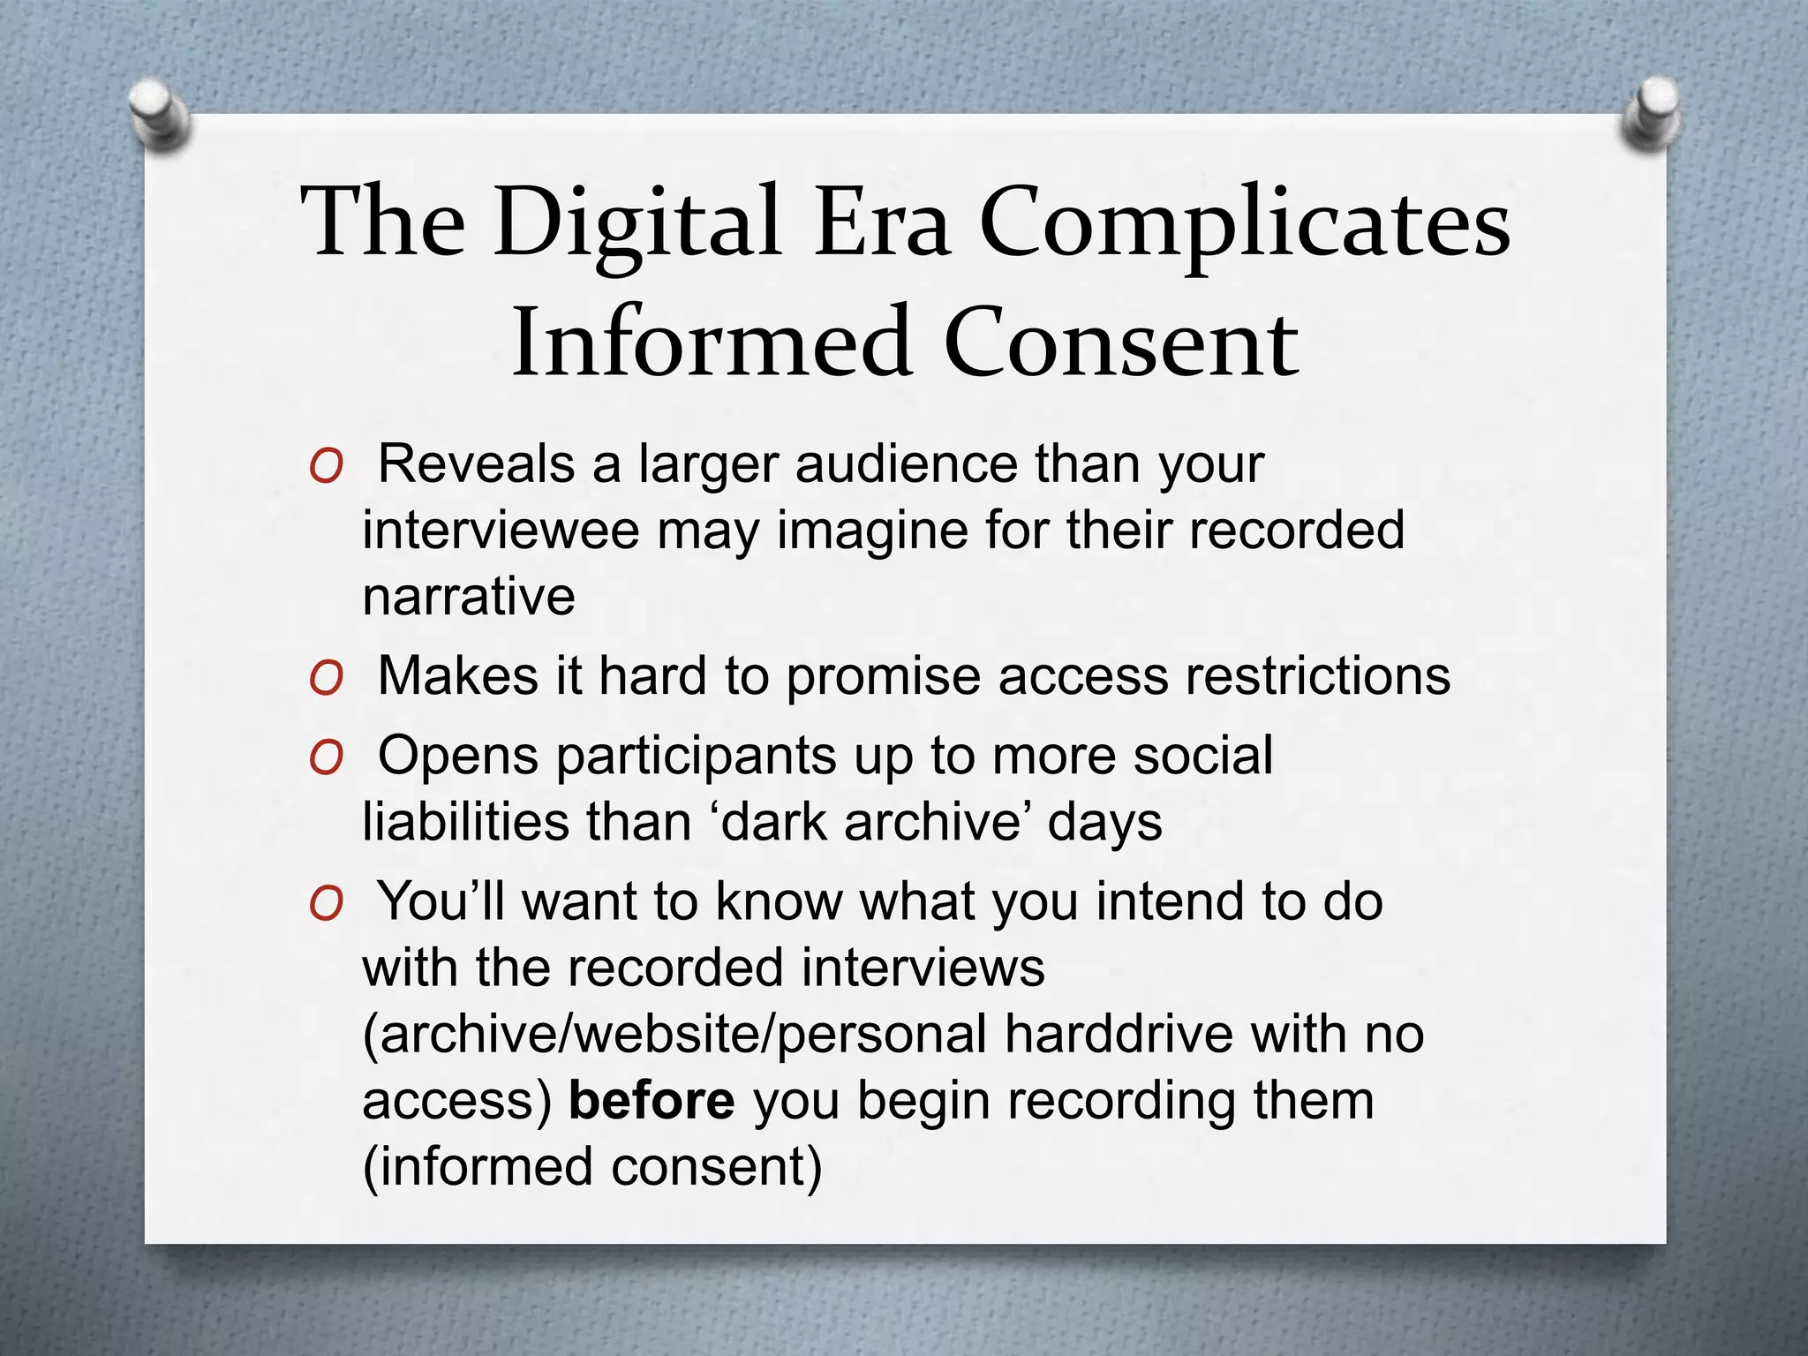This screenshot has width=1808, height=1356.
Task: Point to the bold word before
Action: (652, 1100)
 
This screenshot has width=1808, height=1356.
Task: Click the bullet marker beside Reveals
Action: (326, 467)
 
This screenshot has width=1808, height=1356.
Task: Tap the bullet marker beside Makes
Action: (326, 678)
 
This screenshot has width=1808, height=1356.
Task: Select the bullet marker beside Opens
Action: (326, 757)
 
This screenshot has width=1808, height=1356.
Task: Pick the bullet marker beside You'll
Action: (326, 903)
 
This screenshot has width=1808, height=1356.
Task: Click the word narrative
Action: (469, 597)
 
